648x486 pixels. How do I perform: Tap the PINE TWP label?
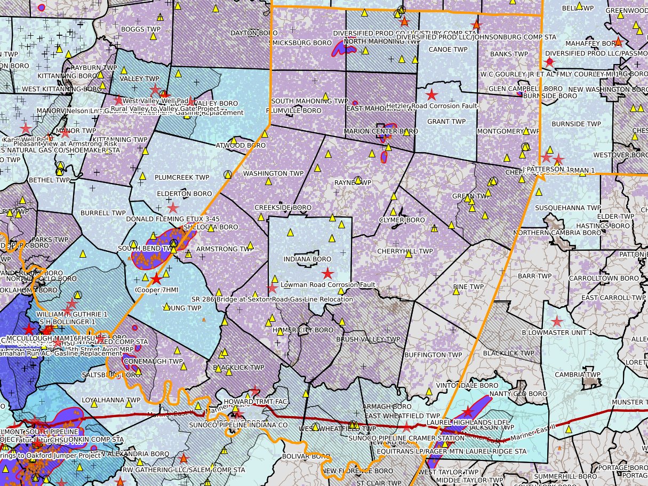click(x=468, y=286)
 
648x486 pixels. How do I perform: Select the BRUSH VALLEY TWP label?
click(x=368, y=339)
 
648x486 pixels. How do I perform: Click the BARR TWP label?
click(x=534, y=276)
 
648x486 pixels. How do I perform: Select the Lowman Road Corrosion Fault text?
click(x=327, y=285)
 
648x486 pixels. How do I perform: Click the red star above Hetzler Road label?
click(x=431, y=95)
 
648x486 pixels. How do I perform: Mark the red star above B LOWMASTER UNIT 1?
click(x=557, y=321)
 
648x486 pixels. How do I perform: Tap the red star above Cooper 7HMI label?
click(x=156, y=279)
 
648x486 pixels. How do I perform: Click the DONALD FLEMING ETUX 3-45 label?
click(x=172, y=219)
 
